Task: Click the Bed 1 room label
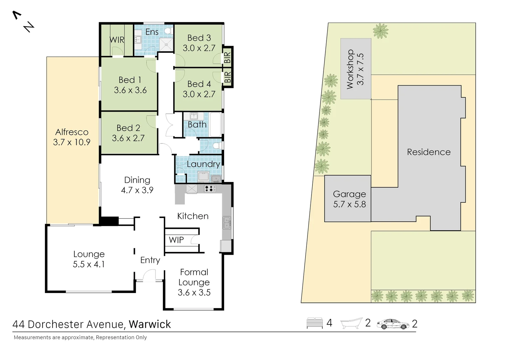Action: [x=130, y=80]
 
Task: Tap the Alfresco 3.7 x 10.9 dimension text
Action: [x=72, y=142]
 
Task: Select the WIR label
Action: [x=117, y=40]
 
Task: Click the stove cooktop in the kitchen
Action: [x=210, y=189]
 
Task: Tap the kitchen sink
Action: [x=227, y=222]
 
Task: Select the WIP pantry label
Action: [x=176, y=240]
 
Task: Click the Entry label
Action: [x=150, y=260]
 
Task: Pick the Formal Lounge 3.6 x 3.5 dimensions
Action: [x=194, y=293]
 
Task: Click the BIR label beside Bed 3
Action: [x=228, y=57]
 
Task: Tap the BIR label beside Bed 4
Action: [x=228, y=77]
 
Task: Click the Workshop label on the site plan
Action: [x=350, y=69]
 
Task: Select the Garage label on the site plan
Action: [x=349, y=194]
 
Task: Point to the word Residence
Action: [x=429, y=152]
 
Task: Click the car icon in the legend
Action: [x=393, y=324]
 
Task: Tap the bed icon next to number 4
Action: [x=314, y=323]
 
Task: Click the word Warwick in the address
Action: [x=150, y=324]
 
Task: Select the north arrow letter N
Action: [x=29, y=27]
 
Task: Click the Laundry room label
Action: [x=203, y=164]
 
